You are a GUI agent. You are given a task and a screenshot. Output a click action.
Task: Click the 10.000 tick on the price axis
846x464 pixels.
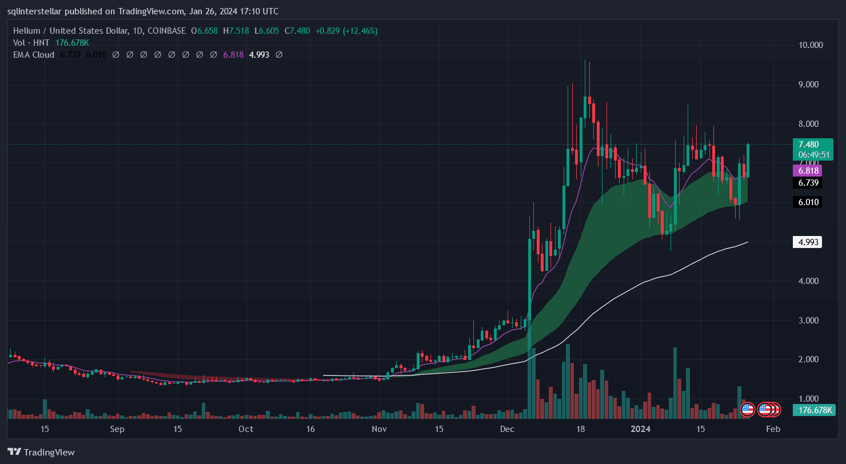pos(811,45)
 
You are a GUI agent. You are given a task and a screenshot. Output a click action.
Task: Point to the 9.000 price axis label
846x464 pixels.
pos(811,85)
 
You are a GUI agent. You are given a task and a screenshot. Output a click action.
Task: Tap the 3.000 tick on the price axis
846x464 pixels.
pos(811,321)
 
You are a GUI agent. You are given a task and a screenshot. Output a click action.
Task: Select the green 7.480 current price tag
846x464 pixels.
pos(808,145)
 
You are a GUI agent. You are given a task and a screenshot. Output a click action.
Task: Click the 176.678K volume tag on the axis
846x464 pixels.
pos(814,410)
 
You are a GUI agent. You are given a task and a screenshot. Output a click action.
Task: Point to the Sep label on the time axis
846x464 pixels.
pos(117,429)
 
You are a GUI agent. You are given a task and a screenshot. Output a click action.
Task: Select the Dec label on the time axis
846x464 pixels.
pos(507,429)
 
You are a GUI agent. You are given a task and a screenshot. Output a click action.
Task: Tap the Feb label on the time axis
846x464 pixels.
pos(773,429)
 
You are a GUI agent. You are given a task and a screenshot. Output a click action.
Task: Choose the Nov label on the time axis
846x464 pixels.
pos(378,429)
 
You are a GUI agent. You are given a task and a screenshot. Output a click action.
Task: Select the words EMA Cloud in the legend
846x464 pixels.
pos(34,55)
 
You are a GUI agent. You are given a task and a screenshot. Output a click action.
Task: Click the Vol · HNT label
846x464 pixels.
pos(32,43)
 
